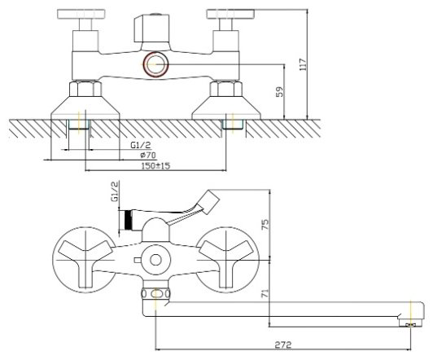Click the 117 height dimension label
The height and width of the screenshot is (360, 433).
(304, 64)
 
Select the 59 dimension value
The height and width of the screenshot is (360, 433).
(279, 92)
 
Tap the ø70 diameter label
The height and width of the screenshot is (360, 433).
(148, 155)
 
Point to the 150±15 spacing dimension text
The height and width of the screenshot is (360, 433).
(155, 166)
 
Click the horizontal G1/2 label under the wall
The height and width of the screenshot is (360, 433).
(141, 145)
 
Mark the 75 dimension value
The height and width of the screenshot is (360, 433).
(265, 225)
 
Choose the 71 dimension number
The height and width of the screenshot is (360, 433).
(265, 293)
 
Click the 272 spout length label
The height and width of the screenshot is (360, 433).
(283, 345)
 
